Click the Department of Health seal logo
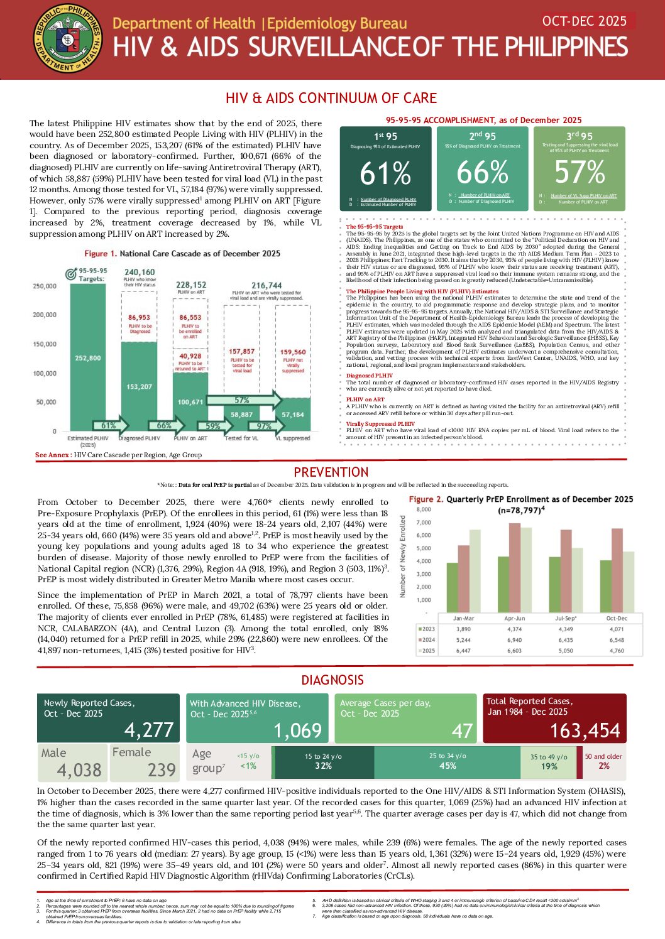tap(67, 39)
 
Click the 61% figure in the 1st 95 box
tap(385, 174)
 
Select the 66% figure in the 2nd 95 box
tap(482, 172)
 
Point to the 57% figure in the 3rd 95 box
tap(579, 171)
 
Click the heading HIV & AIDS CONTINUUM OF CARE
tap(331, 98)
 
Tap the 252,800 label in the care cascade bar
tap(88, 358)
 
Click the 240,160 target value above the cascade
tap(140, 273)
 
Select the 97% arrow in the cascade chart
tap(264, 426)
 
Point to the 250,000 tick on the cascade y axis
tap(45, 286)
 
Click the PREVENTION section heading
tap(331, 472)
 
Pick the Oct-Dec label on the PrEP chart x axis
tap(616, 619)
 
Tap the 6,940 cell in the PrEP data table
tap(514, 640)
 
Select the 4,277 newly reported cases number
tap(148, 730)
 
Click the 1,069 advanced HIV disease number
tap(298, 730)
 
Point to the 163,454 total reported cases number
tap(585, 730)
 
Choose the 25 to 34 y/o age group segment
tap(448, 761)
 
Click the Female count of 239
tap(162, 769)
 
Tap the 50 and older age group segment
tap(603, 761)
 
